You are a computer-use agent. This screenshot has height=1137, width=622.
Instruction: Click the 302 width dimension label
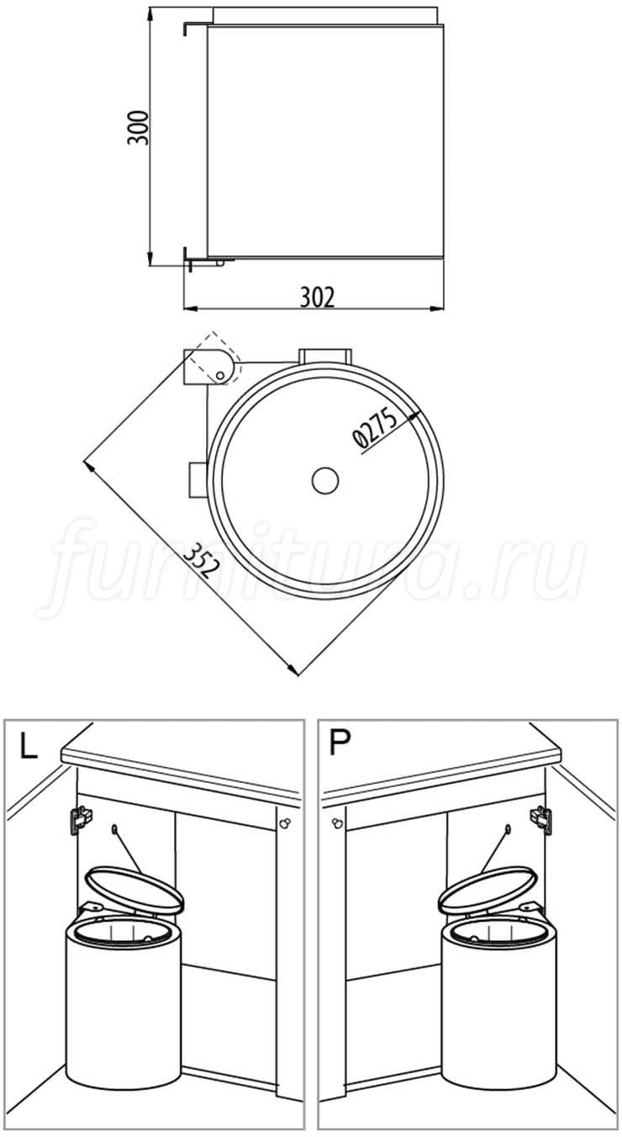click(318, 298)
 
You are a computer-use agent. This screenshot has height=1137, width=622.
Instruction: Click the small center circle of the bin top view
click(325, 480)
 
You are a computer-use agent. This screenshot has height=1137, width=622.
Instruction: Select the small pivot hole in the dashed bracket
click(219, 375)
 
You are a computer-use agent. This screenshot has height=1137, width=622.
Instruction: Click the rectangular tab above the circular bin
click(324, 355)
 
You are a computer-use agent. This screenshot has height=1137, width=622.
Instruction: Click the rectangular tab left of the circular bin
click(198, 480)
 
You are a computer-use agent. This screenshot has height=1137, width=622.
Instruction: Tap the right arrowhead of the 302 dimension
click(440, 308)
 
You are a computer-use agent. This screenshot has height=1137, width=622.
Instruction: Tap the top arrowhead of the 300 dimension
click(151, 15)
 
